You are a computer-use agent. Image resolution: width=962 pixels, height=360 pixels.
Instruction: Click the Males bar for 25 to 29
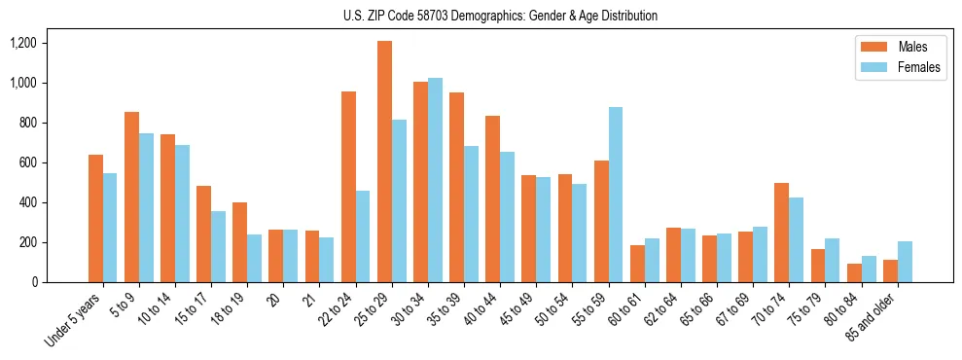(x=384, y=162)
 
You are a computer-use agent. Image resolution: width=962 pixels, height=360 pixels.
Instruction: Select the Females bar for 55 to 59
(x=616, y=195)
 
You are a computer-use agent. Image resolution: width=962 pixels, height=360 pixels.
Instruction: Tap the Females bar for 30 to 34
(x=435, y=180)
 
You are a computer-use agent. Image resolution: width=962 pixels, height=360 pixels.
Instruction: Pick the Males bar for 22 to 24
(x=348, y=187)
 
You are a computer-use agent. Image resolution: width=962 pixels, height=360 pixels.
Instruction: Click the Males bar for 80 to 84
(x=854, y=272)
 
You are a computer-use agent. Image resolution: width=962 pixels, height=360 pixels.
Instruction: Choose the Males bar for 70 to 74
(x=782, y=233)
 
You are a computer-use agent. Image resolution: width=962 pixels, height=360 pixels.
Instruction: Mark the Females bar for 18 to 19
(x=254, y=258)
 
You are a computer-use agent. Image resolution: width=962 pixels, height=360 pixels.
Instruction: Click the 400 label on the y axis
(x=25, y=202)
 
